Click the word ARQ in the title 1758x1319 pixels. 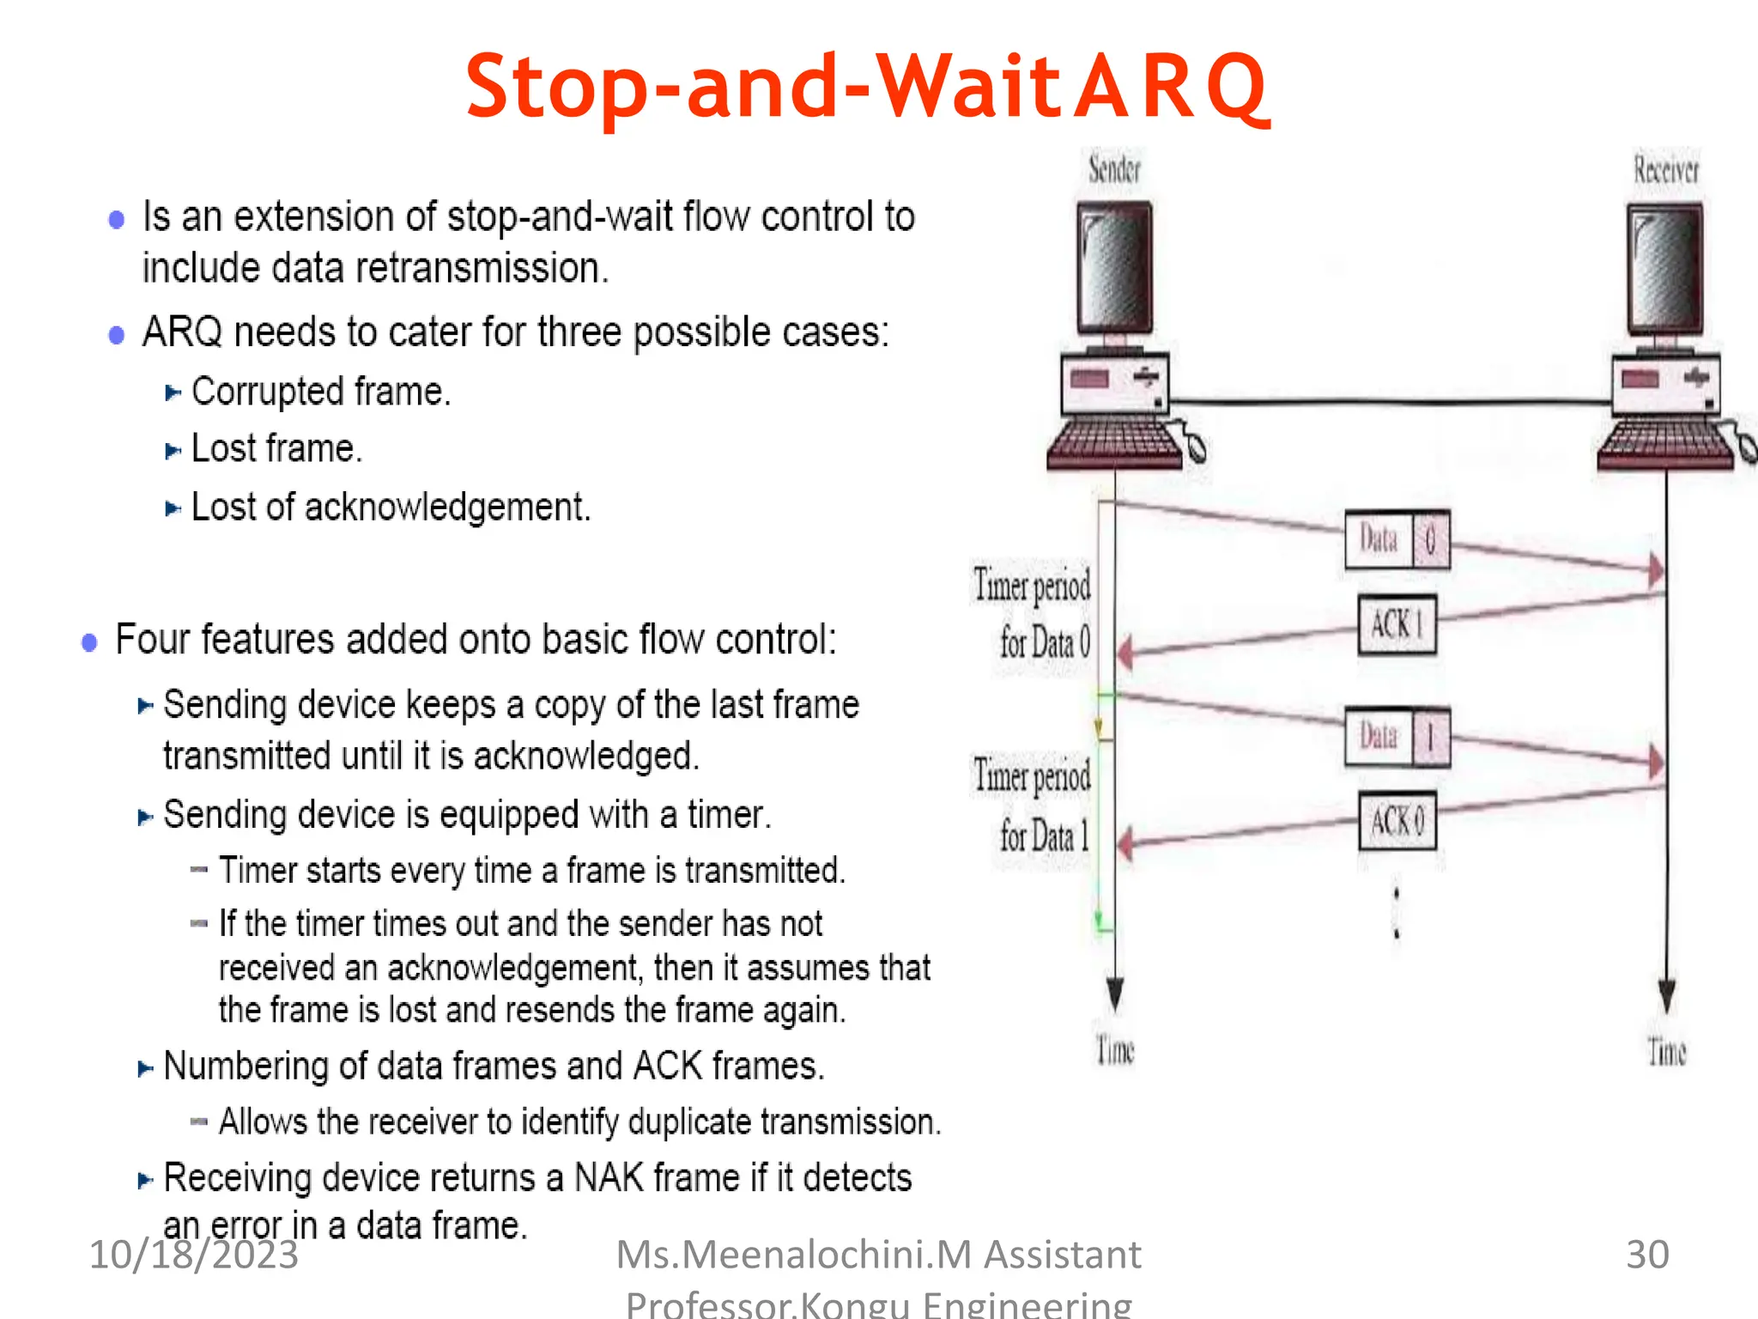1171,87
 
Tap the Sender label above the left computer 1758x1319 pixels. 1114,169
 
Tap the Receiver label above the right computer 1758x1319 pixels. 1665,170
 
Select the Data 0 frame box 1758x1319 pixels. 1397,540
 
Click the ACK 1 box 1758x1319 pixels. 1397,624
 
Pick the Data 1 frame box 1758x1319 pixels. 1397,737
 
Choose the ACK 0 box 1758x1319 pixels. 1397,821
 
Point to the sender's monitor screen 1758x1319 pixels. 1114,267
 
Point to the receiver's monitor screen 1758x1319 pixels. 1665,269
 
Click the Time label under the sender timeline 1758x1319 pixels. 1115,1050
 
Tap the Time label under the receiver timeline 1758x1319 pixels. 1666,1051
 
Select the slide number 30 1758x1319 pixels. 1647,1254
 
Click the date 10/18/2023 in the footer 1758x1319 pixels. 194,1255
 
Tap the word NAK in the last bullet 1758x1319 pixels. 608,1177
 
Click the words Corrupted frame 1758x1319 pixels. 320,392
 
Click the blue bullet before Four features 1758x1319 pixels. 89,642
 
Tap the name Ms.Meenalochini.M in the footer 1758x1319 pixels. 793,1255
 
